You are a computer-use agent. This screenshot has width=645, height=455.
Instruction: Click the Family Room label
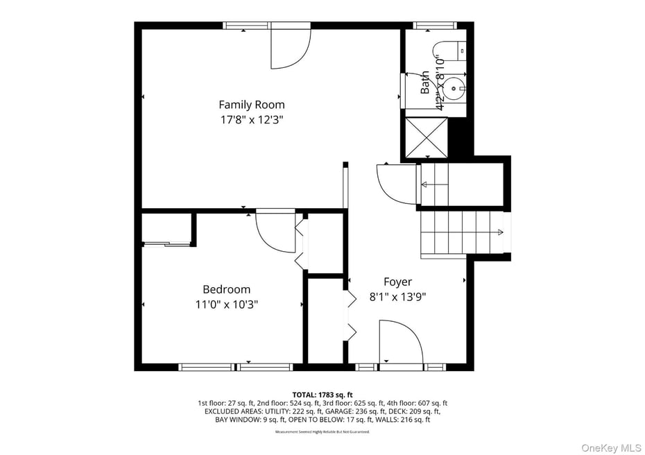point(251,105)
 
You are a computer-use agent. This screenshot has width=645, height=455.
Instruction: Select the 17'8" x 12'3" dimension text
point(251,119)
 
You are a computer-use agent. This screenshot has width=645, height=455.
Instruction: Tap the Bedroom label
point(226,289)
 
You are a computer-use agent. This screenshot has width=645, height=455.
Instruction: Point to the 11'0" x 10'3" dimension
point(226,304)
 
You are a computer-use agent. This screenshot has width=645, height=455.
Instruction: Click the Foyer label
point(397,282)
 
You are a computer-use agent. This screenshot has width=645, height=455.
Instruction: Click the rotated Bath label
point(424,83)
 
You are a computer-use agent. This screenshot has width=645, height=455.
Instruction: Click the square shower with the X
point(427,138)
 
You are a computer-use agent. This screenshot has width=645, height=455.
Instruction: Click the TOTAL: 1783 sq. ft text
point(322,395)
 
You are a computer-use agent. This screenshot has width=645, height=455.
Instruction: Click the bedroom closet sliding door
point(166,243)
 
